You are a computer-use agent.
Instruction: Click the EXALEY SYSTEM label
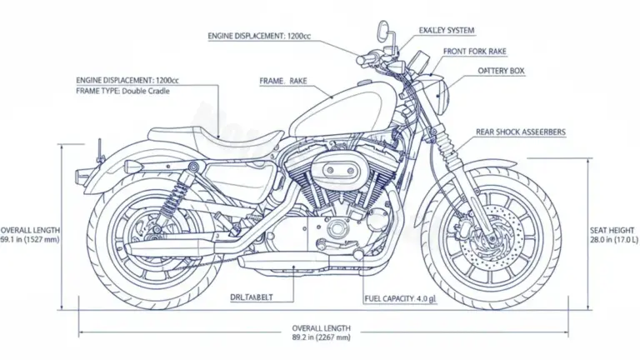[447, 31]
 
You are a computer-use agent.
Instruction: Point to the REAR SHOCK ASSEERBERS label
[520, 132]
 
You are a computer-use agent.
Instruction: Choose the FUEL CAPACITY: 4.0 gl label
[400, 298]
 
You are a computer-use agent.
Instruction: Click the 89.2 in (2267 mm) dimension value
[321, 337]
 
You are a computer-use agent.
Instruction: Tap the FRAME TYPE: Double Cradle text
[122, 91]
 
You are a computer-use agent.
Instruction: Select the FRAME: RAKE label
[283, 81]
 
